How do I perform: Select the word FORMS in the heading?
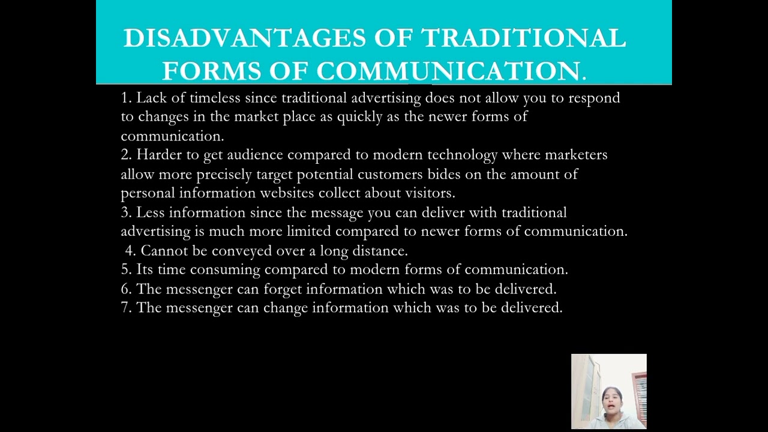point(212,71)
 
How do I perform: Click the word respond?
point(594,98)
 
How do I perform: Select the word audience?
point(254,155)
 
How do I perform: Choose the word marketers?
point(576,155)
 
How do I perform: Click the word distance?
point(382,251)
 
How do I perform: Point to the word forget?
point(282,289)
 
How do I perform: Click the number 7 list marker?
point(125,308)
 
